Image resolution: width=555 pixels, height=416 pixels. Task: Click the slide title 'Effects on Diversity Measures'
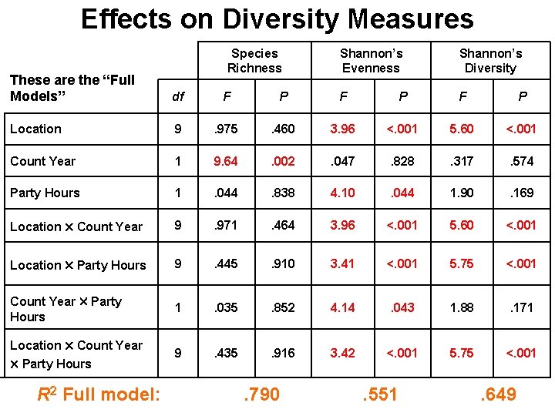click(277, 18)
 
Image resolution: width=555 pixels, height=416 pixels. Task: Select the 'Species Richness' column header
click(254, 61)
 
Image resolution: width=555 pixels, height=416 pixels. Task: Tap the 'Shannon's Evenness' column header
click(371, 61)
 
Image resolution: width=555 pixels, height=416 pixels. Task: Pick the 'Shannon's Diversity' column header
click(490, 61)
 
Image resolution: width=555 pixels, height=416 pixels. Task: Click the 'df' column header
click(178, 97)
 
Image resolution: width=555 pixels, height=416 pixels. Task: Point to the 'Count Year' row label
click(43, 161)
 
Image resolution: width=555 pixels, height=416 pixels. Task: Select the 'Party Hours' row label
click(45, 193)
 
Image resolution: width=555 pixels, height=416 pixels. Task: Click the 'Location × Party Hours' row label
click(78, 265)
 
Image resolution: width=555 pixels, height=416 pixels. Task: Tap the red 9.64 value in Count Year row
click(227, 161)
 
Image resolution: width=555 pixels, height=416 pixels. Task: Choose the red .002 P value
click(283, 161)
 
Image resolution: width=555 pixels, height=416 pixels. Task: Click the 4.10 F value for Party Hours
click(342, 193)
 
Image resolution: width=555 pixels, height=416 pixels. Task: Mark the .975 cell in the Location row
click(227, 129)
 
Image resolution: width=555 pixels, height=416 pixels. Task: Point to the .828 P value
click(402, 161)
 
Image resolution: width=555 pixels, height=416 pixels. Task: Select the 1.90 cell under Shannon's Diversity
click(461, 193)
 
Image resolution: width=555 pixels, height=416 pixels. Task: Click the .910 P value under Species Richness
click(283, 263)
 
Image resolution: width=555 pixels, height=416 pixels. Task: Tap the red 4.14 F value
click(342, 307)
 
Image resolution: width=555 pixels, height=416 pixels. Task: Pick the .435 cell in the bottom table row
click(227, 353)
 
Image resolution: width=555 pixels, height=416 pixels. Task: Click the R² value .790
click(261, 394)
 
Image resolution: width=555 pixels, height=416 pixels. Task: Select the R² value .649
click(497, 394)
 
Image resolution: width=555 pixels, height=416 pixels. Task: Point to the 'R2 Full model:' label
click(99, 394)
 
